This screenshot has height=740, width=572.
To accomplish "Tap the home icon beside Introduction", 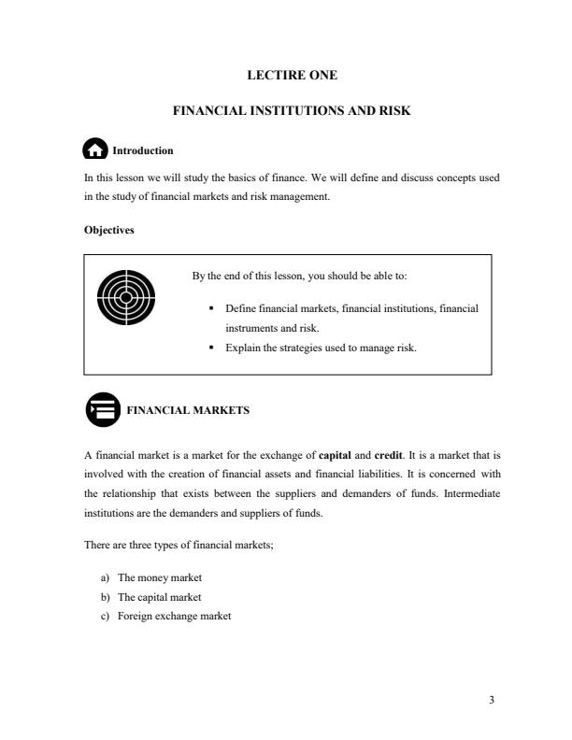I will [x=94, y=150].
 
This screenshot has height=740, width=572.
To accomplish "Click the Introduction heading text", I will [x=142, y=150].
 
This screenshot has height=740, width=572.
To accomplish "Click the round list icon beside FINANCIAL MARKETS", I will [x=103, y=409].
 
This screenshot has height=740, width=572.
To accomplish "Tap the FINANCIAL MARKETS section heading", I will [x=187, y=409].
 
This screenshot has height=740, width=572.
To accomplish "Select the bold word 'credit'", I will [x=388, y=455].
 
